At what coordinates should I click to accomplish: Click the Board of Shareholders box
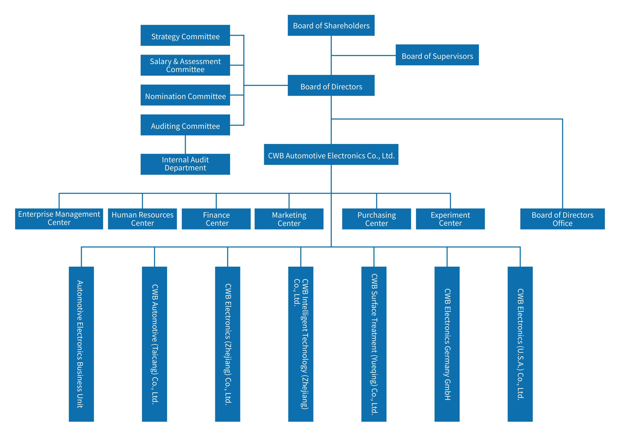click(x=331, y=25)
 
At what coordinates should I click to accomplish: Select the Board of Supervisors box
click(x=437, y=55)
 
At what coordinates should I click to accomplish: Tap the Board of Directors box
click(x=331, y=86)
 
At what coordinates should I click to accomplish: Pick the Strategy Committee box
click(x=185, y=35)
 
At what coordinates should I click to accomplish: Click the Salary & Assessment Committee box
click(x=185, y=65)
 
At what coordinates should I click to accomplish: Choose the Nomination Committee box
click(x=185, y=95)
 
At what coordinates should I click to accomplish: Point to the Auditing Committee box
click(x=185, y=125)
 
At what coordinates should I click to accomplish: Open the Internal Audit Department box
click(x=185, y=164)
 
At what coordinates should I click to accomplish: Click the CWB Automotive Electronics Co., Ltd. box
click(x=331, y=155)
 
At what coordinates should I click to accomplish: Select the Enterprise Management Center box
click(x=59, y=219)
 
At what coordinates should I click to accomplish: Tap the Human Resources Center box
click(x=142, y=219)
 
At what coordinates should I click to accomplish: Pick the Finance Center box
click(x=216, y=219)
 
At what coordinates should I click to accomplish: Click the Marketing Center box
click(x=289, y=219)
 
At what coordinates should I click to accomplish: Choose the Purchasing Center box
click(x=376, y=219)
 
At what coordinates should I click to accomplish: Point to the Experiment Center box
click(x=450, y=219)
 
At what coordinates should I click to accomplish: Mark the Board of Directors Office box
click(x=563, y=219)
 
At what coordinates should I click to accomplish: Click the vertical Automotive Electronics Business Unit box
click(x=81, y=344)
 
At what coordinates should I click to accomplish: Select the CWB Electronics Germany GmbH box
click(x=447, y=344)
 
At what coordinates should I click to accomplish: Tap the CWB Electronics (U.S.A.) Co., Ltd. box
click(x=520, y=344)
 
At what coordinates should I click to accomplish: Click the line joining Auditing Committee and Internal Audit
click(x=185, y=144)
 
